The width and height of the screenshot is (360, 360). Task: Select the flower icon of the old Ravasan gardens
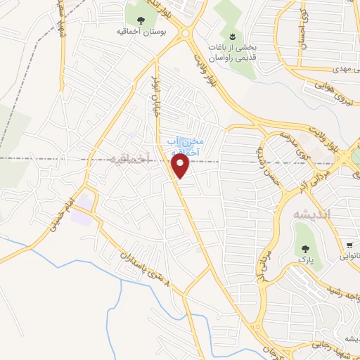point(231,37)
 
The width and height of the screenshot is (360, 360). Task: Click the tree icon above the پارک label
point(305,249)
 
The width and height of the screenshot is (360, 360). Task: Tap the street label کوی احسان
point(304,28)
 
